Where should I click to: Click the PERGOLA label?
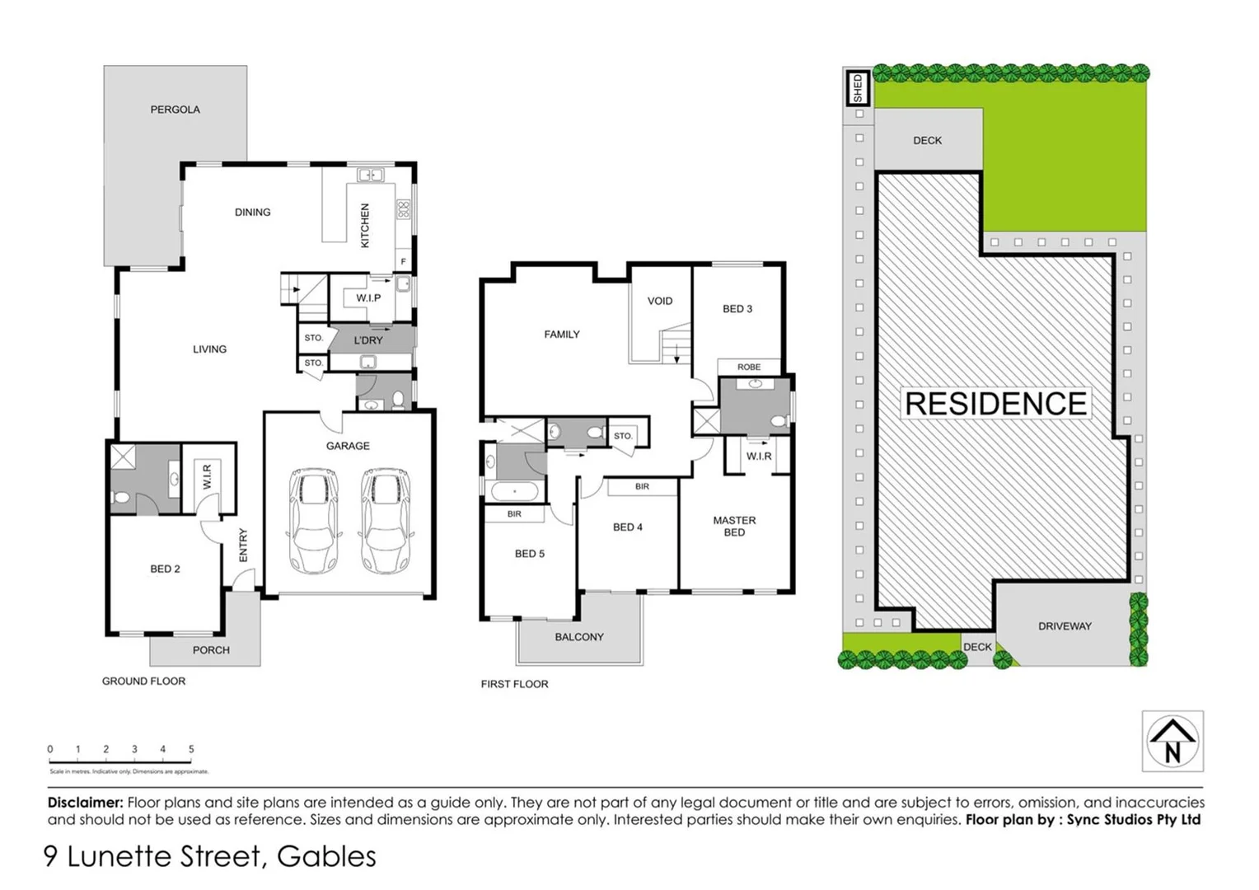coord(175,110)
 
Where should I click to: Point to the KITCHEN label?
coord(365,225)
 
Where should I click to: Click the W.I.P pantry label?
coord(368,297)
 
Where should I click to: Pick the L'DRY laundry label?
coord(368,340)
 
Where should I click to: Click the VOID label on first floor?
coord(659,301)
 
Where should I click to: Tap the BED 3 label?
coord(737,309)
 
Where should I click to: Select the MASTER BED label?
coord(734,526)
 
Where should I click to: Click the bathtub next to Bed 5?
coord(515,492)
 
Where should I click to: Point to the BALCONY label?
coord(579,637)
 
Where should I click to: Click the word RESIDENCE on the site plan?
coord(996,404)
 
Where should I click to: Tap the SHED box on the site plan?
coord(858,88)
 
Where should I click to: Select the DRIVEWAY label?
coord(1065,626)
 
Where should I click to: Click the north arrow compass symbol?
coord(1172,741)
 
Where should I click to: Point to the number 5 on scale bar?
coord(191,749)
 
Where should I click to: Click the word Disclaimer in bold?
coord(86,802)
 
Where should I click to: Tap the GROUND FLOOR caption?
coord(143,682)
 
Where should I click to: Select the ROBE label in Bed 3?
coord(749,367)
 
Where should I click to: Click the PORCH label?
coord(211,650)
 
